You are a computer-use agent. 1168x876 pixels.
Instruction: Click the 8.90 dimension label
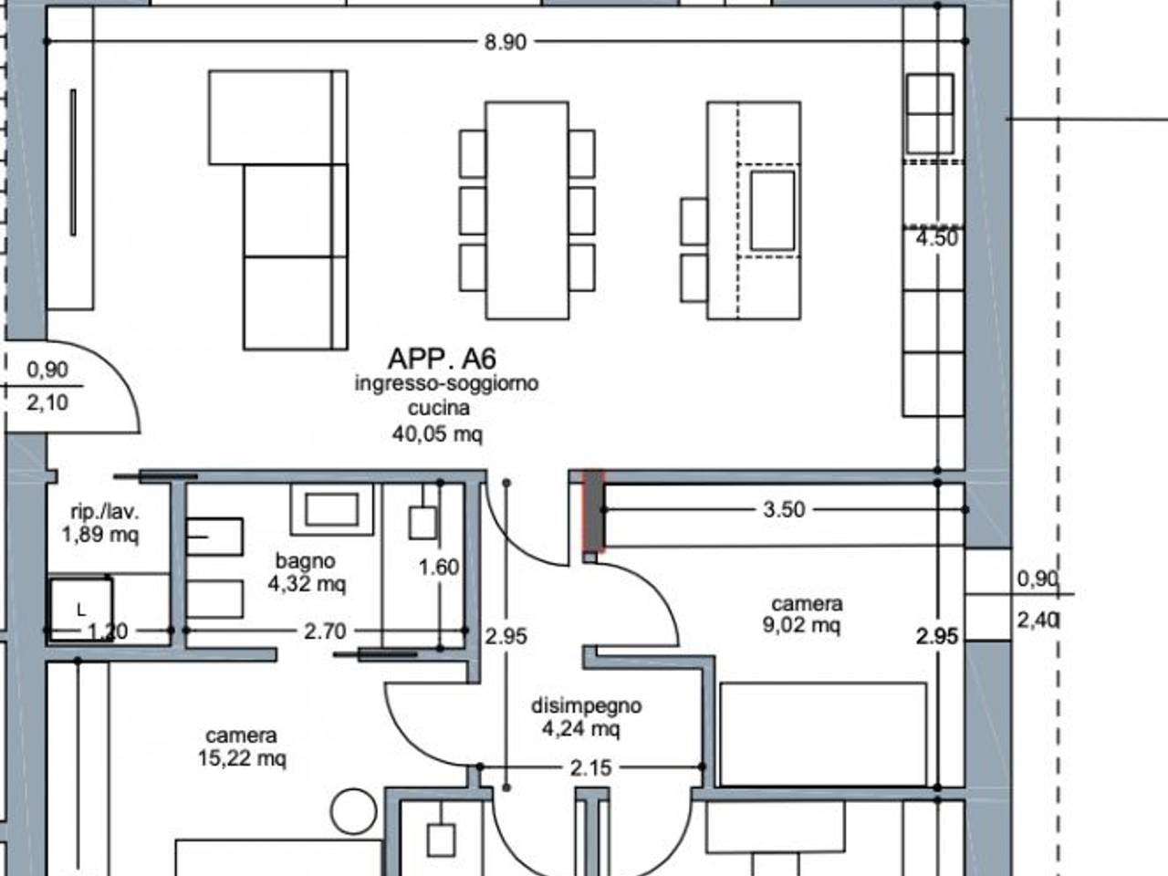coord(505,42)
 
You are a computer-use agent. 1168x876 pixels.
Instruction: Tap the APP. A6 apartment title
coord(442,359)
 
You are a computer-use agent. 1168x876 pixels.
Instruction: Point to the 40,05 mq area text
coord(437,434)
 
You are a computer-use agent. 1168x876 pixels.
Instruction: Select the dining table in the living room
coord(527,211)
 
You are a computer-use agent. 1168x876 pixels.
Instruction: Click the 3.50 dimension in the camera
coord(784,509)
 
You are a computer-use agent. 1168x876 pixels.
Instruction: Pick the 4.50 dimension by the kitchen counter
coord(937,238)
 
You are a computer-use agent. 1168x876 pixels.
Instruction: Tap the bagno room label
coord(306,560)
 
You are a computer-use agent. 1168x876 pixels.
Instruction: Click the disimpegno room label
coord(587,705)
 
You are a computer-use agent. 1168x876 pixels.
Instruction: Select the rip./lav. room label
coord(105,512)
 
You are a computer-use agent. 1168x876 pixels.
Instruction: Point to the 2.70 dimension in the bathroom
coord(325,631)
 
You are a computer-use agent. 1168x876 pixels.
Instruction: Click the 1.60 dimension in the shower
coord(439,568)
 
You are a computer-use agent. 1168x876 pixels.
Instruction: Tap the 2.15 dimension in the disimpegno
coord(590,768)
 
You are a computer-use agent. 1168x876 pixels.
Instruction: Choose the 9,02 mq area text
coord(801,625)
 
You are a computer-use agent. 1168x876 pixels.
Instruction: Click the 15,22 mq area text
coord(242,758)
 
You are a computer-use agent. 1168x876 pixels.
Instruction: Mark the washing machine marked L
coord(81,610)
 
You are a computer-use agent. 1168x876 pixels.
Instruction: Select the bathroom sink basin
coord(331,509)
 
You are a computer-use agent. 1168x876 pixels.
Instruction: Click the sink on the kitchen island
coord(773,211)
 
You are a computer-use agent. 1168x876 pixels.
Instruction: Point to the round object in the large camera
coord(353,811)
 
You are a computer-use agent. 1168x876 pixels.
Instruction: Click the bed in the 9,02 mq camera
coord(823,735)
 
